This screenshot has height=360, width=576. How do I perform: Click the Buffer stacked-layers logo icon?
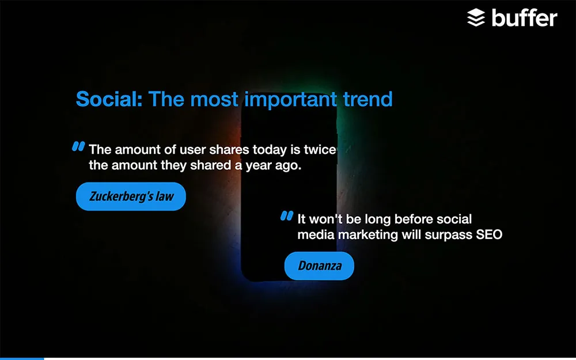click(476, 18)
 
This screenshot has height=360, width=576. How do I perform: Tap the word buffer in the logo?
click(525, 18)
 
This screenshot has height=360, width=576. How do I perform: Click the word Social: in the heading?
click(109, 99)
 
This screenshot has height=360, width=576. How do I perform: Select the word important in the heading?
click(290, 100)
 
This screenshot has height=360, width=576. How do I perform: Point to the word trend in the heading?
click(367, 99)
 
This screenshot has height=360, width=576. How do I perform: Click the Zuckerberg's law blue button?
click(131, 196)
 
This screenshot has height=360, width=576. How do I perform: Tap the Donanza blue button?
click(319, 266)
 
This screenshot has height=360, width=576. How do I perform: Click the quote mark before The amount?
click(78, 146)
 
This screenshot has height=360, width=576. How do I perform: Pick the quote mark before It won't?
click(287, 215)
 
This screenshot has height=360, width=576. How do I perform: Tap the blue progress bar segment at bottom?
click(22, 358)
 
